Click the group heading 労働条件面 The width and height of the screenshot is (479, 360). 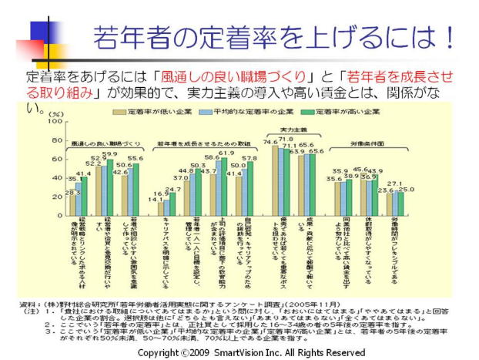point(368,143)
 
